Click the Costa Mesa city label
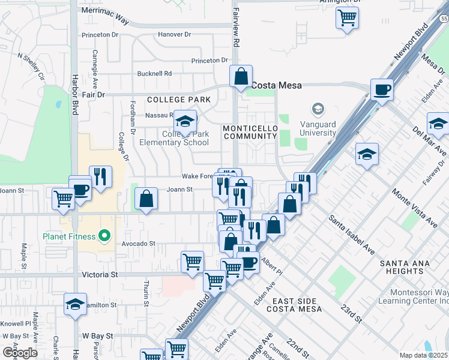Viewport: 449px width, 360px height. pos(276,86)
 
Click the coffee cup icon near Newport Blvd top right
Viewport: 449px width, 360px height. pos(382,90)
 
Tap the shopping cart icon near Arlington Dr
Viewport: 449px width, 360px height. pos(347,17)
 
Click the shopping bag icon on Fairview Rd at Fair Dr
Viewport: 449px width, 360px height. pos(241,77)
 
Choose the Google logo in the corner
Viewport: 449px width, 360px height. pos(20,352)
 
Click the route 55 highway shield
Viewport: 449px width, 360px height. pos(443,19)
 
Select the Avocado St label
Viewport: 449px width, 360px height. pos(136,244)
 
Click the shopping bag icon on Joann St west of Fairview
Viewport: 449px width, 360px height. pos(146,199)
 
